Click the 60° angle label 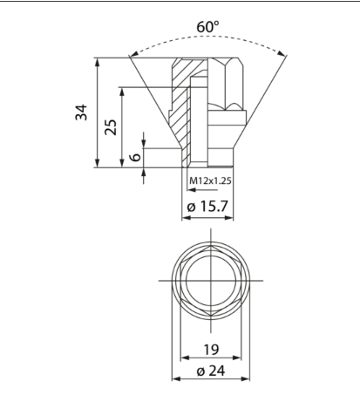coord(207,27)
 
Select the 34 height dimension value coord(81,112)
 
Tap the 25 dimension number coord(111,127)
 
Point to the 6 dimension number coord(135,157)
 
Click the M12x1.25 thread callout coord(210,180)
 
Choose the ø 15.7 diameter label coord(207,207)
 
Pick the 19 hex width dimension coord(211,350)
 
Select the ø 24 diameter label coord(211,371)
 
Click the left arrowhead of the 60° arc coord(134,54)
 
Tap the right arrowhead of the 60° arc coord(282,53)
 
